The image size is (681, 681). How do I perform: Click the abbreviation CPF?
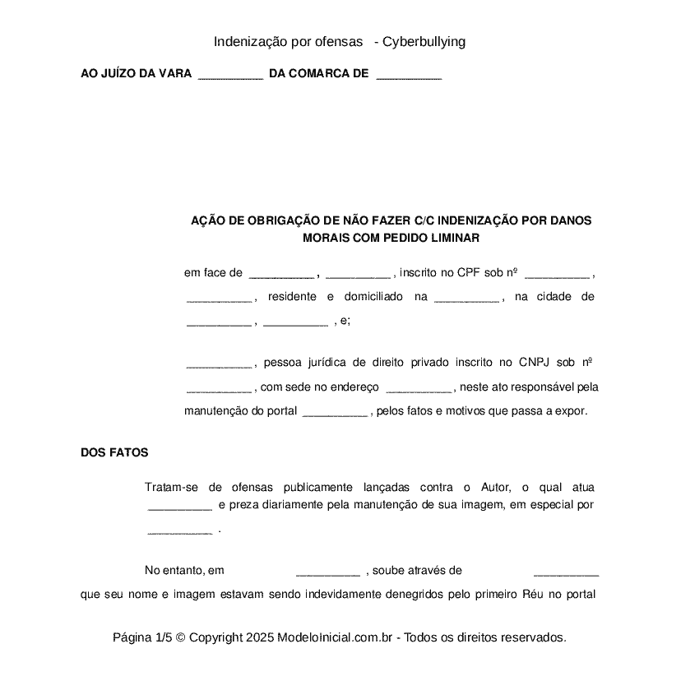point(467,273)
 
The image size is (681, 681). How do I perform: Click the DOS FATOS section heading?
point(114,453)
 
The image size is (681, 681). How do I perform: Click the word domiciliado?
point(373,297)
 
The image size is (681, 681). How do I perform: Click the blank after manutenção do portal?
point(335,411)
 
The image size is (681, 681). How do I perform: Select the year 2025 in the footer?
point(258,637)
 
